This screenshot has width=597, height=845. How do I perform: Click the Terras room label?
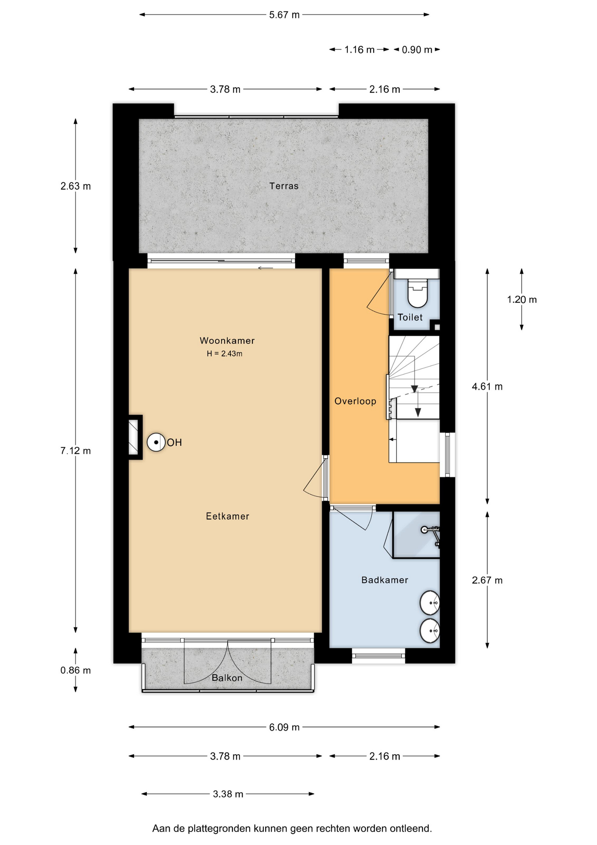(x=284, y=186)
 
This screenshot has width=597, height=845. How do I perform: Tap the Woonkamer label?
(x=227, y=341)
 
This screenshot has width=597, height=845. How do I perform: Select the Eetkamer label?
(x=228, y=516)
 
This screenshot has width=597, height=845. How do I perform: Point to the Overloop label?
(x=355, y=401)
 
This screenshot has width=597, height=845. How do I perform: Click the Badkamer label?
(x=385, y=580)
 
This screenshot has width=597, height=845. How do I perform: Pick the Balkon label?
(x=227, y=678)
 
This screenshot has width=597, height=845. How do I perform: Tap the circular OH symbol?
(x=156, y=442)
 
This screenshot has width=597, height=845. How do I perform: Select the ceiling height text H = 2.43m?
(x=225, y=353)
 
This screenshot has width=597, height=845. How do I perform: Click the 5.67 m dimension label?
(x=284, y=15)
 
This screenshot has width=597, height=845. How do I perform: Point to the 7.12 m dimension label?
(x=76, y=451)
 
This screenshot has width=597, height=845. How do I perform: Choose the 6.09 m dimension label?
(x=284, y=727)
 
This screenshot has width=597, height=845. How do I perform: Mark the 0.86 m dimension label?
(x=76, y=670)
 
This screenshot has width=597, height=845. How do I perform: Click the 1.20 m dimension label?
(x=522, y=300)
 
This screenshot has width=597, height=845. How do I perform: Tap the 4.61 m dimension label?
(x=487, y=386)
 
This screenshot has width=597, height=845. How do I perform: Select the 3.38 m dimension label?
(x=228, y=794)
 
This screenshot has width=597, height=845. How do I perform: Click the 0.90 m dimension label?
(x=417, y=50)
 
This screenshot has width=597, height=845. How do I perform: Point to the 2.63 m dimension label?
(x=76, y=186)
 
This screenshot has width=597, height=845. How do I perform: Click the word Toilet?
(x=410, y=317)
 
